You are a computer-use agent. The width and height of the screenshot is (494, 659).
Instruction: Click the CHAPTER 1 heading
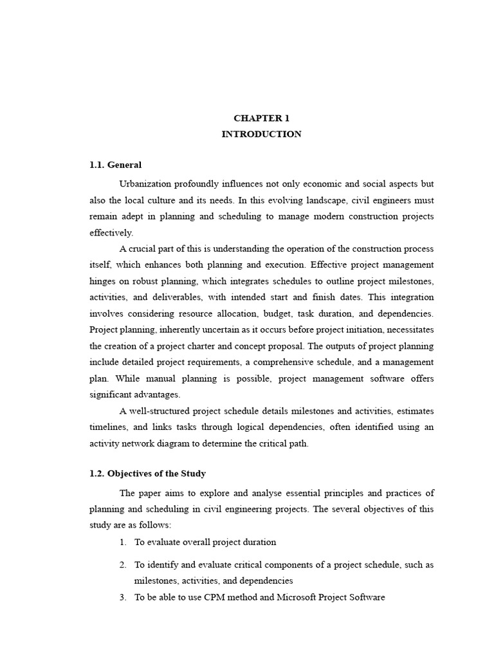point(261,118)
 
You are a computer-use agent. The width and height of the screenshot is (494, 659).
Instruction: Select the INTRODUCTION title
point(261,135)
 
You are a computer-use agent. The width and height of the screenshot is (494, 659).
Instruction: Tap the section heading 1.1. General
point(116,165)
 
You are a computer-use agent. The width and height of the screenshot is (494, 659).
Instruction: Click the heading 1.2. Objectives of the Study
point(148,474)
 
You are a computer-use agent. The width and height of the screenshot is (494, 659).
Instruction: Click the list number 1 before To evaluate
point(122,543)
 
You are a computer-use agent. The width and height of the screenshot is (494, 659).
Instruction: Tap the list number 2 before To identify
point(122,565)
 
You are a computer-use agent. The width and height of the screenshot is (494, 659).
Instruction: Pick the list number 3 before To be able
point(122,597)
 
